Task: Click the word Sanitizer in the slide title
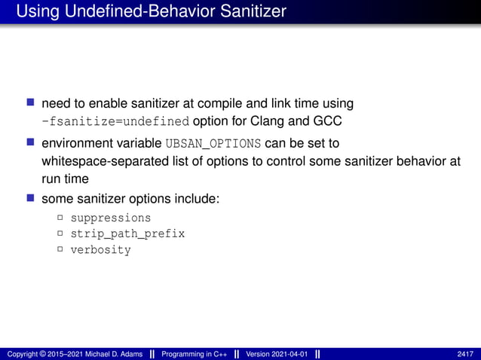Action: click(x=250, y=11)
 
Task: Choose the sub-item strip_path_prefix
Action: click(x=127, y=233)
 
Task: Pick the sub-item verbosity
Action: click(x=100, y=250)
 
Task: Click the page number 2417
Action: click(x=465, y=354)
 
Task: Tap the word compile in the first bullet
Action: click(x=229, y=102)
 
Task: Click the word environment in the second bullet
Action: click(x=76, y=143)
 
